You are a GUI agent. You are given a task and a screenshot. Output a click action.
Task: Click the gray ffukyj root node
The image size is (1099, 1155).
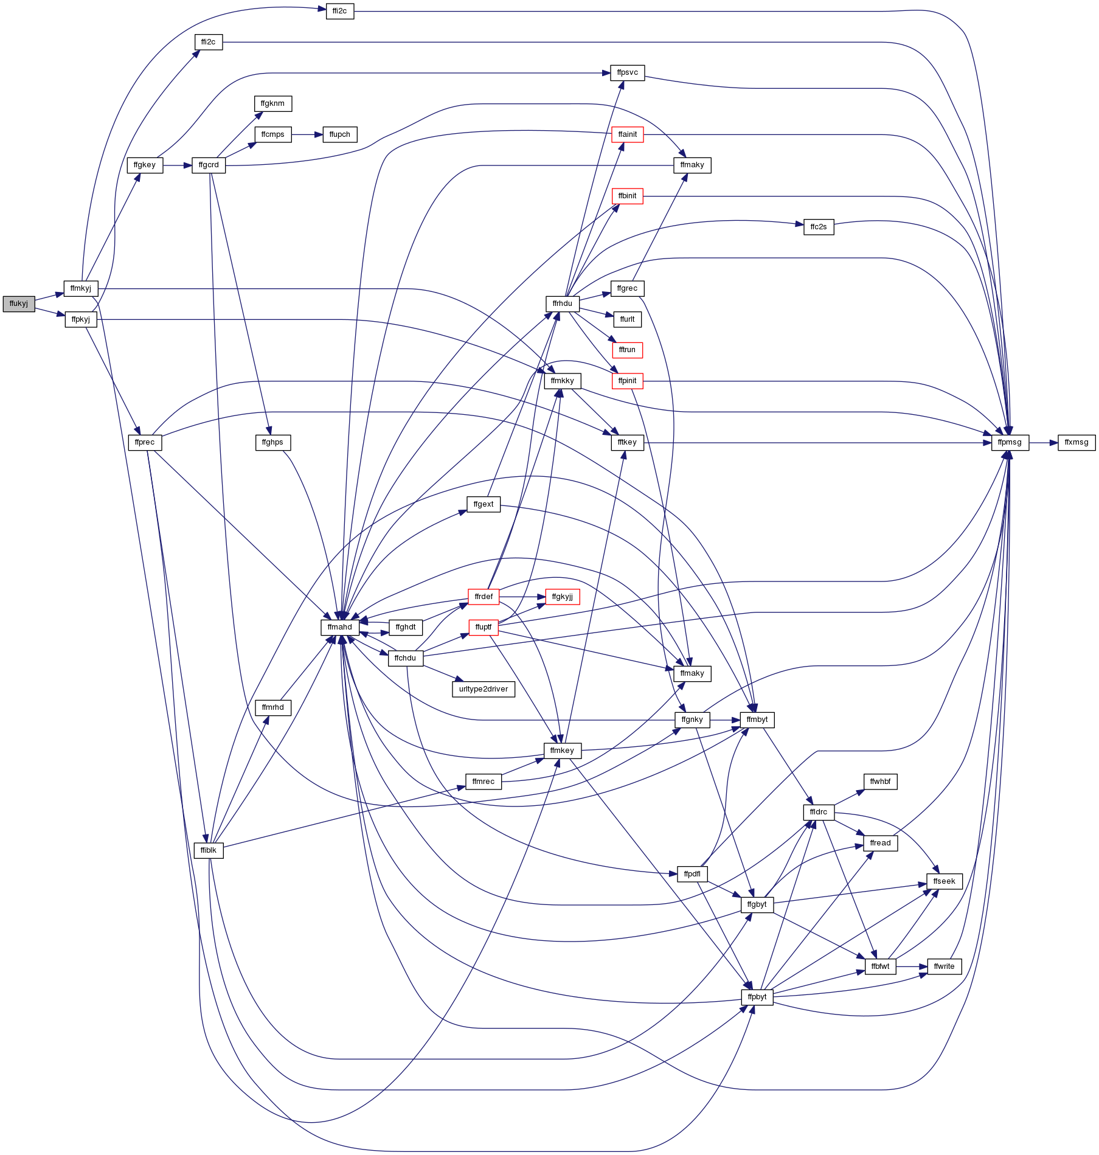(19, 303)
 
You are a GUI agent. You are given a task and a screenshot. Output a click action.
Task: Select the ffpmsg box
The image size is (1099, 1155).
(1010, 442)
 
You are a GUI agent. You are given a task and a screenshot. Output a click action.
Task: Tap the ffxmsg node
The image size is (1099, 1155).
(1076, 442)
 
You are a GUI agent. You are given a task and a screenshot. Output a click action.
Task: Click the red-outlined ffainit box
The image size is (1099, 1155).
(627, 134)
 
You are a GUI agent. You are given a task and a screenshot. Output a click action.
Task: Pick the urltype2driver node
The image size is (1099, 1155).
(484, 689)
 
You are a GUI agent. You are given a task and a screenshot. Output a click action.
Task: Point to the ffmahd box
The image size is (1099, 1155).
(339, 627)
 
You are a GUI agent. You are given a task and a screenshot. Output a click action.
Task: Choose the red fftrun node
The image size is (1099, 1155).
(627, 350)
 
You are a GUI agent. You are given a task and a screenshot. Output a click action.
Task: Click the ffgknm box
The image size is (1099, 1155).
(272, 103)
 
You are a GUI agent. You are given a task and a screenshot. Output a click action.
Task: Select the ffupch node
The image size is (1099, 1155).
(339, 134)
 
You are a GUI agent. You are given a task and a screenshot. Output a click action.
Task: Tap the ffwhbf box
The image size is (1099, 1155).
(880, 782)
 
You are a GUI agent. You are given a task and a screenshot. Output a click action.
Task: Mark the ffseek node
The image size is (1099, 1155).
(944, 881)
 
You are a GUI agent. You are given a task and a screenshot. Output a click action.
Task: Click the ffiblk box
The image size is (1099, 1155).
(209, 850)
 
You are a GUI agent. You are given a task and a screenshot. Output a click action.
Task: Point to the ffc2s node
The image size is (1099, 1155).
(819, 227)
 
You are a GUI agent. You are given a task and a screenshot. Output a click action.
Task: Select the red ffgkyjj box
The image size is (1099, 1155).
(563, 597)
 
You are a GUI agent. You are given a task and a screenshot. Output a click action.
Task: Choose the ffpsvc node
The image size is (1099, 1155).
(628, 72)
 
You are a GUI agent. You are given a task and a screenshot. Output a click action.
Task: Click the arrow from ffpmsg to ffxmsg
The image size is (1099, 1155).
(1044, 442)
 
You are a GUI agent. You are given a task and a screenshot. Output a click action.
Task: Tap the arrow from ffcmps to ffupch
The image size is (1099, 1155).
(307, 134)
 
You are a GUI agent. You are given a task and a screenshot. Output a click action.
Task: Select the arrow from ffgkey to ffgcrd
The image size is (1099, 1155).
(178, 165)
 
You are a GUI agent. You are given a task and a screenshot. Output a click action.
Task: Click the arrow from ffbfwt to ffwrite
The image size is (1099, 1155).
(912, 966)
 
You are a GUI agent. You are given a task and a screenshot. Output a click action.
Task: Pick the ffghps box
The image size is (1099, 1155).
(272, 442)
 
